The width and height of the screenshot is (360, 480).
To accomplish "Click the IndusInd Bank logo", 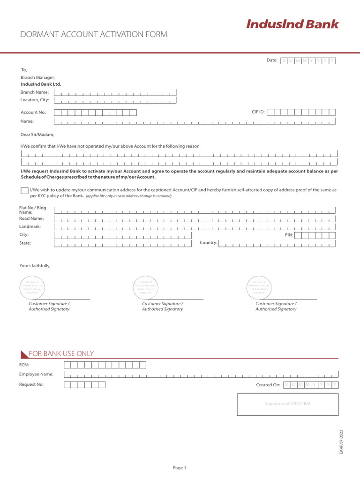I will click(x=292, y=24).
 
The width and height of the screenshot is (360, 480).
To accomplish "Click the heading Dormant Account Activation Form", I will click(x=93, y=34).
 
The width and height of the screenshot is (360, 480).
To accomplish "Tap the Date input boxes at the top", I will click(x=308, y=60).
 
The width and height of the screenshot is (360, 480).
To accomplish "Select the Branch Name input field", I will click(x=115, y=92).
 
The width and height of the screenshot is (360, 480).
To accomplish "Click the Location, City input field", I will click(x=115, y=100).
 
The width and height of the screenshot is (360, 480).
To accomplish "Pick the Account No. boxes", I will click(x=95, y=112).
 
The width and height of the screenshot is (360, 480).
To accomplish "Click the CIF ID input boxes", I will click(x=301, y=112).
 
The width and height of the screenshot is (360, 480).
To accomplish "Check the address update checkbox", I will click(x=24, y=190).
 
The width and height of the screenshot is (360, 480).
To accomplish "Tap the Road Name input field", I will click(x=195, y=218).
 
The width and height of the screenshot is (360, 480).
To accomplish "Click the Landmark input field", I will click(x=195, y=226).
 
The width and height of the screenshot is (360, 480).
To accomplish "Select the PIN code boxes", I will click(x=315, y=235).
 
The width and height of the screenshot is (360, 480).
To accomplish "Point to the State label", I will click(x=25, y=243).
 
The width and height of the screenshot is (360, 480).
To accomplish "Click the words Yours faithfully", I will click(x=35, y=266).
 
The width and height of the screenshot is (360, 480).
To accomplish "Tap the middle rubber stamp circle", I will click(x=146, y=286).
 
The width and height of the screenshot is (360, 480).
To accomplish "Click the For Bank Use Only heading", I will click(x=61, y=354).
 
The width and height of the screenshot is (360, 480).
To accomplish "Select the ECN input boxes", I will click(x=105, y=365).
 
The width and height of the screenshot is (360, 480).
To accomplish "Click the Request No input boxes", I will click(x=84, y=385).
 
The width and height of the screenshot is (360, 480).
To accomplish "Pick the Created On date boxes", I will click(x=310, y=385).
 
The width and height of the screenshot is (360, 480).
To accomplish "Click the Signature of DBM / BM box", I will click(x=287, y=404).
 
